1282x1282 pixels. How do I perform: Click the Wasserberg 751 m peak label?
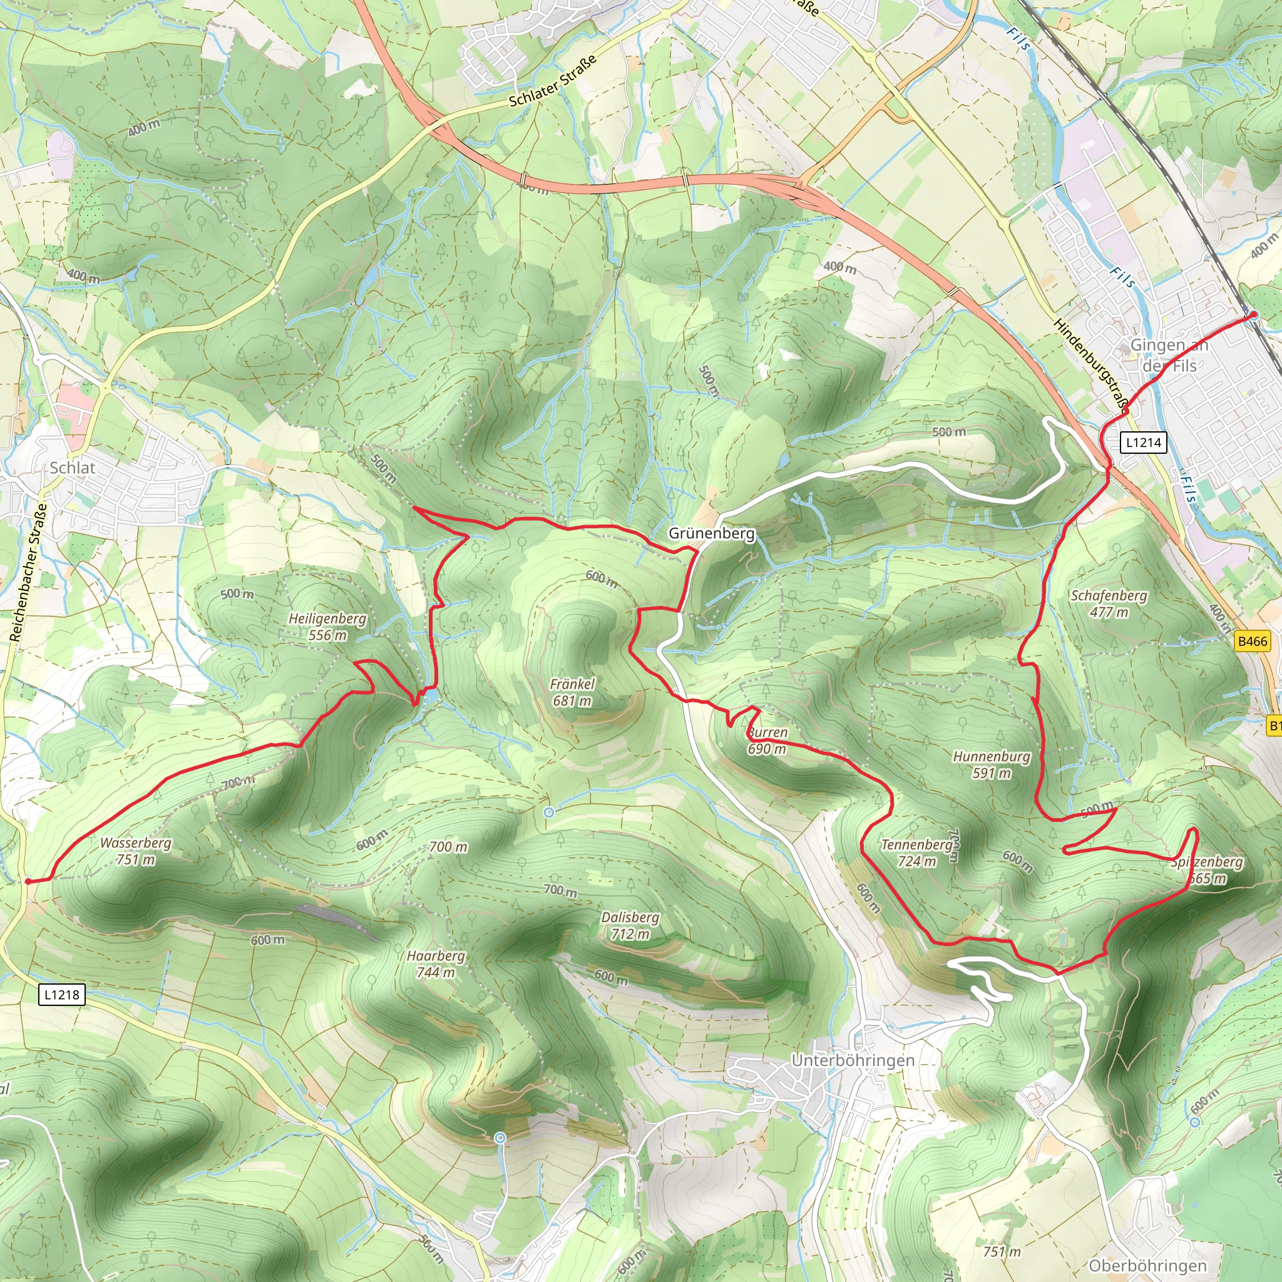135,851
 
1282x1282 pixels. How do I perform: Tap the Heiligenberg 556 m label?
327,627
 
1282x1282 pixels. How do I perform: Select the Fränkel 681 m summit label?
572,692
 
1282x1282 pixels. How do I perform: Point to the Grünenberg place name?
711,533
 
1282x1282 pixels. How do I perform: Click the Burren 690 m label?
767,741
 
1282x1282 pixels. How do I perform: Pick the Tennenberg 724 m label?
917,853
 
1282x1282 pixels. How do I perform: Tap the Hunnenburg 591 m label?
992,764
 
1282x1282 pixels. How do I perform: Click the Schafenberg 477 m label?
1109,603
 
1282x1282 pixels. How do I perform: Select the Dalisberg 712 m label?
630,926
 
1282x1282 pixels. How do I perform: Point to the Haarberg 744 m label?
436,963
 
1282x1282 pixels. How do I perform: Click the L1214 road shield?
1143,442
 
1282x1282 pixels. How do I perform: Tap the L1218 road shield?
62,994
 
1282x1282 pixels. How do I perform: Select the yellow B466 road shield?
1253,641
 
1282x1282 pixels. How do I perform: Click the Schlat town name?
73,468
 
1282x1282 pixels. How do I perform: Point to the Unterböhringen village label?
853,1060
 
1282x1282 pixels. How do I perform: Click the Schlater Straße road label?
552,81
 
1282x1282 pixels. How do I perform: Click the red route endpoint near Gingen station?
1253,315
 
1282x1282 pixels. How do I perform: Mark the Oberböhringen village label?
1148,1265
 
